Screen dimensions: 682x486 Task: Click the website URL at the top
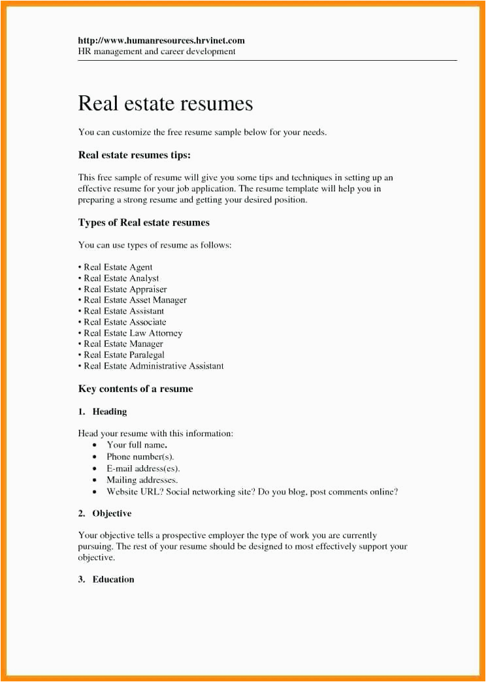[x=161, y=41]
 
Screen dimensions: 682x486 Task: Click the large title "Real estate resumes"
[x=165, y=103]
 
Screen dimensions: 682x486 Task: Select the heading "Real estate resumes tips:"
[x=134, y=155]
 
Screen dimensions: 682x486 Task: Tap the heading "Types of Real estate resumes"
[x=144, y=222]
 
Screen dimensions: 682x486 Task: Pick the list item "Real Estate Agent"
[x=118, y=267]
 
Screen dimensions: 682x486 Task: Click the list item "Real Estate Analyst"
[x=121, y=278]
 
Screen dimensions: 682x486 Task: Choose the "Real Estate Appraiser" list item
[x=125, y=289]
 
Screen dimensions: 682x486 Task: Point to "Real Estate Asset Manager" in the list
[x=135, y=300]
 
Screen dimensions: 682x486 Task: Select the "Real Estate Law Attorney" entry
[x=133, y=333]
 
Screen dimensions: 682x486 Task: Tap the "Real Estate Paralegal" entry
[x=123, y=355]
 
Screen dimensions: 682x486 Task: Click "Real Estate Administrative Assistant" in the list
[x=154, y=366]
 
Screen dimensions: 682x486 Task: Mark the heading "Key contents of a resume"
[x=135, y=389]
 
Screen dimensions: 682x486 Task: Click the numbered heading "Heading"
[x=110, y=412]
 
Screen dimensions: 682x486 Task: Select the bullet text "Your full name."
[x=137, y=445]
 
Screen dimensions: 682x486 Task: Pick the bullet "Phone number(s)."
[x=140, y=457]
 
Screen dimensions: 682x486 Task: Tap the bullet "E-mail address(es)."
[x=143, y=468]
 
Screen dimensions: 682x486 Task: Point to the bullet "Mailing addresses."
[x=142, y=480]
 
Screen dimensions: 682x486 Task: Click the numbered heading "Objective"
[x=112, y=513]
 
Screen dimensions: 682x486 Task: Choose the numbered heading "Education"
[x=113, y=579]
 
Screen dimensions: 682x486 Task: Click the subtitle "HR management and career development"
[x=157, y=51]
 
